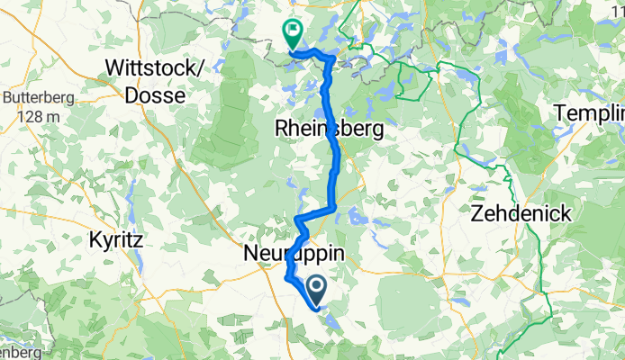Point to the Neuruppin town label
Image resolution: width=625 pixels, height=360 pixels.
point(294,256)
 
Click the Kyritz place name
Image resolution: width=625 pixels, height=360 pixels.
point(116,240)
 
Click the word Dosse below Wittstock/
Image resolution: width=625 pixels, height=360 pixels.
point(157,94)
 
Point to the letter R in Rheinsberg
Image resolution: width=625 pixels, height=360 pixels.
point(282,130)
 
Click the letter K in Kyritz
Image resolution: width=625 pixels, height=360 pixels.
point(95,240)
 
